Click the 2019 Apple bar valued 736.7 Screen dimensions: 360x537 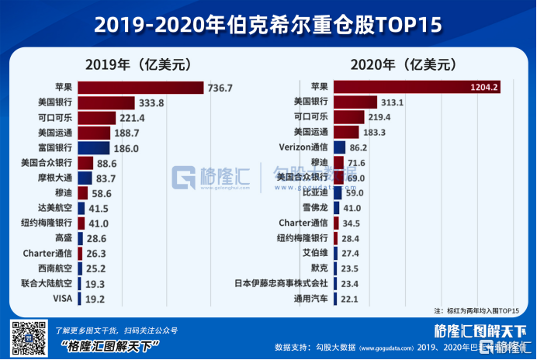(x=140, y=88)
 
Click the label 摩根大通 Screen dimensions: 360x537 (x=54, y=178)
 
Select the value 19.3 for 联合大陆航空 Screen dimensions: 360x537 (x=95, y=284)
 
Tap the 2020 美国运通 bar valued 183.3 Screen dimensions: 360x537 (x=346, y=132)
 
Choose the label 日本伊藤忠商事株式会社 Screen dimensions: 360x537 (x=281, y=284)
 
